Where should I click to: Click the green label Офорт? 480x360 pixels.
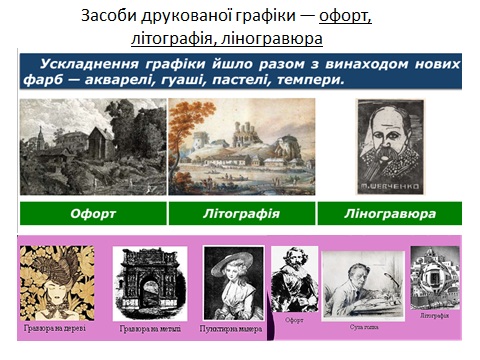(93, 213)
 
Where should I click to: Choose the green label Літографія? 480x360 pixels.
(241, 213)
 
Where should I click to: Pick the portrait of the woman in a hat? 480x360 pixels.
(232, 283)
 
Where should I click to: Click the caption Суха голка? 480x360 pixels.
(365, 326)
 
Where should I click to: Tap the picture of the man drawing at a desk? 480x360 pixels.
(362, 285)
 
